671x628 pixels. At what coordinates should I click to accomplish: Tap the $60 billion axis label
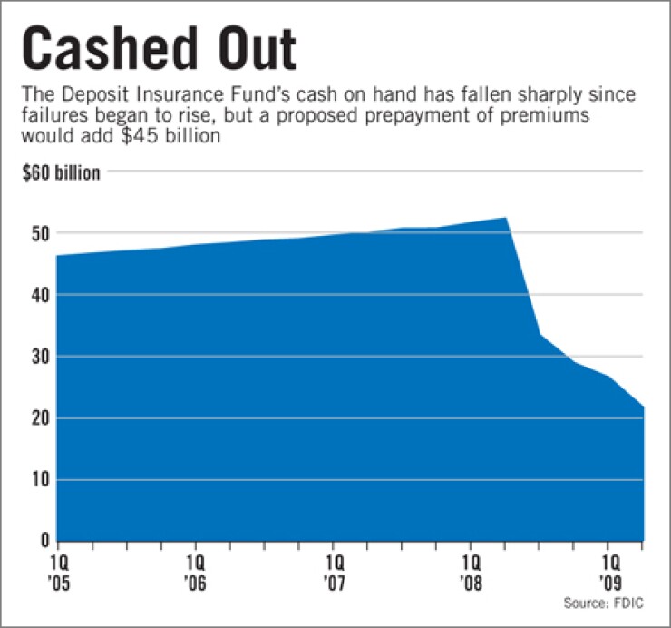(62, 171)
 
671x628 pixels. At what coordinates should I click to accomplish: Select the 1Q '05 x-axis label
(60, 568)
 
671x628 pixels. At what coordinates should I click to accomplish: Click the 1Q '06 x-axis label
(198, 568)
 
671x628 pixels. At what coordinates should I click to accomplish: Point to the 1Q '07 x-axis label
(335, 568)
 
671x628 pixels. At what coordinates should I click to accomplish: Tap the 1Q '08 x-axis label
(472, 568)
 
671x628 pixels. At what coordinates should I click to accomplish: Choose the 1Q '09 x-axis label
(609, 568)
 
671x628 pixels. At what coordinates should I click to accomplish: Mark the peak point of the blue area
(506, 218)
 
